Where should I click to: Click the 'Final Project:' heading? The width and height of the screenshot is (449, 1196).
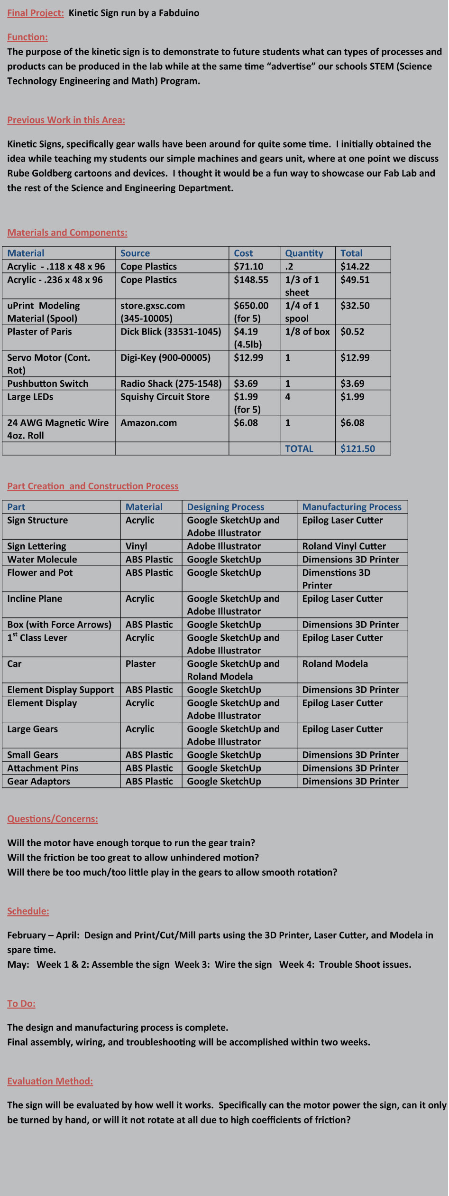point(35,13)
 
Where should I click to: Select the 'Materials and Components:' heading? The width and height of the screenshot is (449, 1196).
point(67,233)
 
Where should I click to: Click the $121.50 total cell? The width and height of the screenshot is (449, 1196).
point(357,448)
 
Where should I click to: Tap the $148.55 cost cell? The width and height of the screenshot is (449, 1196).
point(251,280)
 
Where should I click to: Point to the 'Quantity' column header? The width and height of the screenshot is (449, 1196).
point(304,253)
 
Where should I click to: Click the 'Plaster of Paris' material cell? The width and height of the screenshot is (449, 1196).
point(39,332)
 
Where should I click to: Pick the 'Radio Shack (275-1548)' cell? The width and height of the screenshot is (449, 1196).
point(171,383)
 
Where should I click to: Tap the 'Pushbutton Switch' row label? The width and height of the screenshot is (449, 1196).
point(47,383)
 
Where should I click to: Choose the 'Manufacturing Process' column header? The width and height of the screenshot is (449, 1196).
point(352,507)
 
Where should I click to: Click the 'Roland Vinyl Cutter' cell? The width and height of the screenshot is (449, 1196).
point(344,546)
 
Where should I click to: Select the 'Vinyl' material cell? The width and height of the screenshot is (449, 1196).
point(137,546)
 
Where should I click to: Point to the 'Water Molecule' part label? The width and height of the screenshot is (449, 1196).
point(42,560)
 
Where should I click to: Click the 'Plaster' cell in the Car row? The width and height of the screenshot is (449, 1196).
point(140,664)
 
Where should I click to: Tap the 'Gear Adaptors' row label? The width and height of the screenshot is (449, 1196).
point(38,781)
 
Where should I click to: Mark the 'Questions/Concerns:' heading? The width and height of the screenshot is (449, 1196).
point(53,819)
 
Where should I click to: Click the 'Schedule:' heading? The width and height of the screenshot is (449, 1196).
point(28,911)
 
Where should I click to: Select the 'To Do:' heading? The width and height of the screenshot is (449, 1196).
point(21,1003)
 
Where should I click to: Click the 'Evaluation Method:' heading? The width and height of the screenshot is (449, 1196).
point(50,1081)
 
